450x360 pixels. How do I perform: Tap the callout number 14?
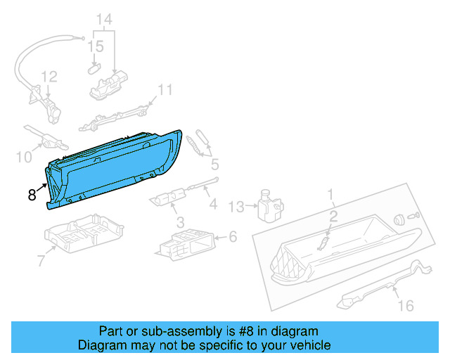[x=103, y=19]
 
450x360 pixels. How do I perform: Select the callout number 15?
[x=96, y=47]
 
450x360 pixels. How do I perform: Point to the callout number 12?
[x=48, y=76]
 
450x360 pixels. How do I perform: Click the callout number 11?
[x=165, y=89]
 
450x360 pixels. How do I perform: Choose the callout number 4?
[x=213, y=205]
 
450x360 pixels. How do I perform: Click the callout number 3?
[x=181, y=222]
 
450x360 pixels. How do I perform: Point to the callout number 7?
[x=41, y=262]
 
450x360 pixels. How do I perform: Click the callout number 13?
[x=236, y=206]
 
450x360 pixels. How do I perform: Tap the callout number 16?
[x=406, y=306]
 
